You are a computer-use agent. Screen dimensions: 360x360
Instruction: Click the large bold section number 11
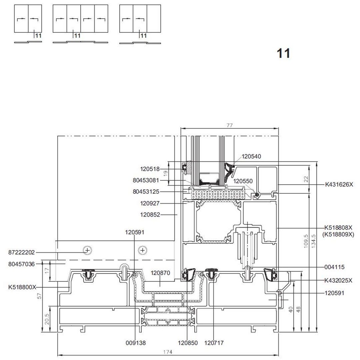pyautogui.click(x=284, y=53)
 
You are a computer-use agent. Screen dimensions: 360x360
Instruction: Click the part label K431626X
pyautogui.click(x=339, y=184)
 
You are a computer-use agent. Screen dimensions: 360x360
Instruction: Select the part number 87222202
pyautogui.click(x=21, y=253)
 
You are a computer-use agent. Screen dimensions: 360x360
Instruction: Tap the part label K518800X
pyautogui.click(x=22, y=287)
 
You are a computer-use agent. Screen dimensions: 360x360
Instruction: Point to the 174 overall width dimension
pyautogui.click(x=168, y=352)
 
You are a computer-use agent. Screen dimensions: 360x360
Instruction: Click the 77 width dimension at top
pyautogui.click(x=229, y=125)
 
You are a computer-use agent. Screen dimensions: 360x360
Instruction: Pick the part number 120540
pyautogui.click(x=251, y=156)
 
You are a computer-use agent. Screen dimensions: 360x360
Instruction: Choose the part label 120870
pyautogui.click(x=160, y=273)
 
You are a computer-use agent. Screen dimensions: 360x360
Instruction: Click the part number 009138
pyautogui.click(x=136, y=343)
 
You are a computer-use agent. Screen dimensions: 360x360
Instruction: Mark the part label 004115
pyautogui.click(x=335, y=267)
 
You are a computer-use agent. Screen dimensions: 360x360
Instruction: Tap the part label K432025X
pyautogui.click(x=338, y=280)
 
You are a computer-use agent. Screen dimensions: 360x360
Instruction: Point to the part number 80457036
pyautogui.click(x=21, y=264)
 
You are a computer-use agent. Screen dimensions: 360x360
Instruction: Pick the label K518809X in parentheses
pyautogui.click(x=338, y=234)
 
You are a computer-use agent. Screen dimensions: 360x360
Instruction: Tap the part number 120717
pyautogui.click(x=214, y=343)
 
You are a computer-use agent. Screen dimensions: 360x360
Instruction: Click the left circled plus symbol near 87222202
pyautogui.click(x=87, y=250)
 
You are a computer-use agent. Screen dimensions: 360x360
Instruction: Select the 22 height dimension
pyautogui.click(x=306, y=179)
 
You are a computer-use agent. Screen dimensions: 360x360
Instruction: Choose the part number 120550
pyautogui.click(x=243, y=181)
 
